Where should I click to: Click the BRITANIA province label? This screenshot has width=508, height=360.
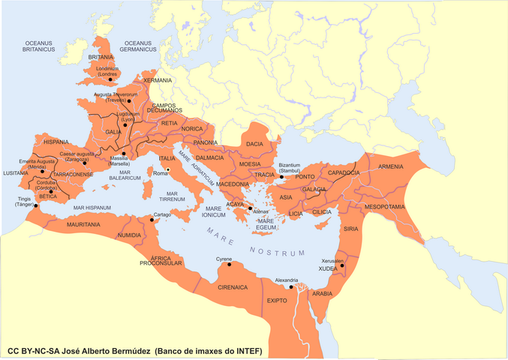[101, 57]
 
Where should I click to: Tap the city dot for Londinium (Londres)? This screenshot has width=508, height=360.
[110, 79]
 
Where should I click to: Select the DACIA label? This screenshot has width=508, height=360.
[254, 143]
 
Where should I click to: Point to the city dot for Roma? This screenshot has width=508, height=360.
[168, 169]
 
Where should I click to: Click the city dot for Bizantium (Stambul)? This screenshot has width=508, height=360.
[272, 176]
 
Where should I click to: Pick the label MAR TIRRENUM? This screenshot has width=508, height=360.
[177, 196]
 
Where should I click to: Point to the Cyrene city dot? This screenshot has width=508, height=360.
[230, 264]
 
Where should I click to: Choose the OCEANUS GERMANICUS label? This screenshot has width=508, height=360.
[143, 46]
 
